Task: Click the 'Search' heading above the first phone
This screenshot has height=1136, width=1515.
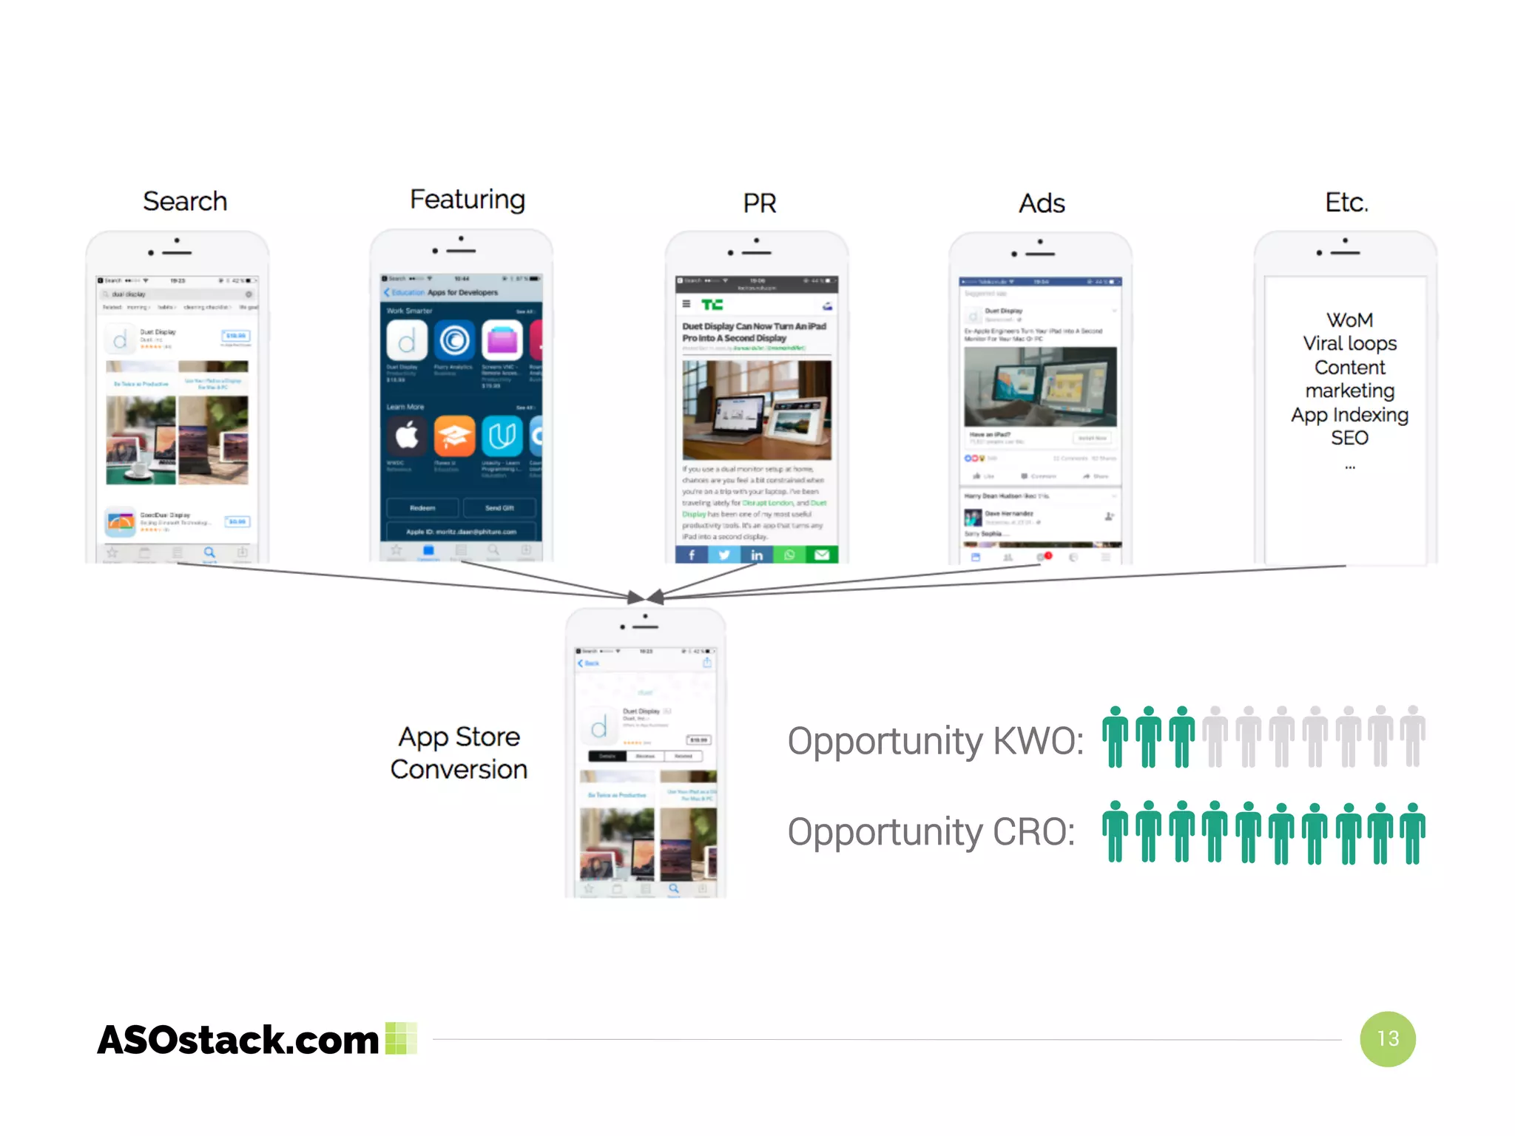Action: tap(185, 201)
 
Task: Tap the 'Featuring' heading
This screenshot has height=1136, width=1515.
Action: tap(468, 200)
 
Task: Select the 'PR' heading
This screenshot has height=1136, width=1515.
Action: tap(760, 203)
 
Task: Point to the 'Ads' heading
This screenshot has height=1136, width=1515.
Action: tap(1042, 203)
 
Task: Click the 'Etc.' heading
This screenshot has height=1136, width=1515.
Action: tap(1346, 202)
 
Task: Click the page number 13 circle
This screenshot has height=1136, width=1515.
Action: tap(1388, 1038)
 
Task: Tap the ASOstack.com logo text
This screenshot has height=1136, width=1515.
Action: tap(238, 1040)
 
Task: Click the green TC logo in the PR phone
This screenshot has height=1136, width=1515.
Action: tap(712, 305)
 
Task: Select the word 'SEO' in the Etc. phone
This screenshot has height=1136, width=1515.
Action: tap(1349, 438)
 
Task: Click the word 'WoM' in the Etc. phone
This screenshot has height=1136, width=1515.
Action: tap(1349, 320)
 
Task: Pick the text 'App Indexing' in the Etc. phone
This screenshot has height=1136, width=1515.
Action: tap(1349, 415)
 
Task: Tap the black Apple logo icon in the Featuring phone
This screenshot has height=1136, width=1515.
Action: tap(407, 436)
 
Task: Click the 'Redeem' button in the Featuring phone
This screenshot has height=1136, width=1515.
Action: tap(422, 508)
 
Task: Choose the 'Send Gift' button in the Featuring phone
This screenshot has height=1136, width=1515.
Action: tap(499, 508)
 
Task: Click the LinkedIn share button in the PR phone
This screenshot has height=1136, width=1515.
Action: tap(757, 555)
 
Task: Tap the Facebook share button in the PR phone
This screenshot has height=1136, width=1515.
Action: tap(692, 555)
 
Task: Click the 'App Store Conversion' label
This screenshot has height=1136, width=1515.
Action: tap(459, 753)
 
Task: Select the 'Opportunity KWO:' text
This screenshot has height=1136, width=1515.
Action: tap(935, 741)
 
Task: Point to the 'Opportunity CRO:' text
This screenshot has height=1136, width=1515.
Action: tap(931, 832)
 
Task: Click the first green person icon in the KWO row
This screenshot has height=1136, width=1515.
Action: tap(1115, 737)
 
